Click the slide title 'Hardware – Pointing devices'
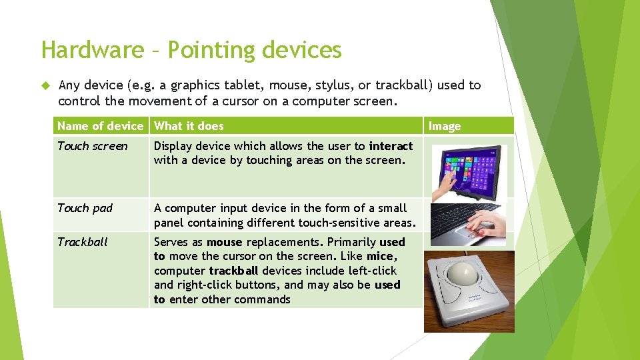pos(191,50)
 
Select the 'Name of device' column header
pos(100,126)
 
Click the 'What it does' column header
pos(189,126)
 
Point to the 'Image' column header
pos(444,127)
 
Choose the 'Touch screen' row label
pos(92,146)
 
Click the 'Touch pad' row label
pos(85,208)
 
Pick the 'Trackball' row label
pos(82,242)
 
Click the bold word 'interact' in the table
pos(391,146)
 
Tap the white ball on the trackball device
pos(465,274)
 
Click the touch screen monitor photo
pos(469,171)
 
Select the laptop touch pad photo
pos(469,224)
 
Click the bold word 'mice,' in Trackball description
pos(382,257)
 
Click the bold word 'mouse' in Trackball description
pos(224,242)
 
